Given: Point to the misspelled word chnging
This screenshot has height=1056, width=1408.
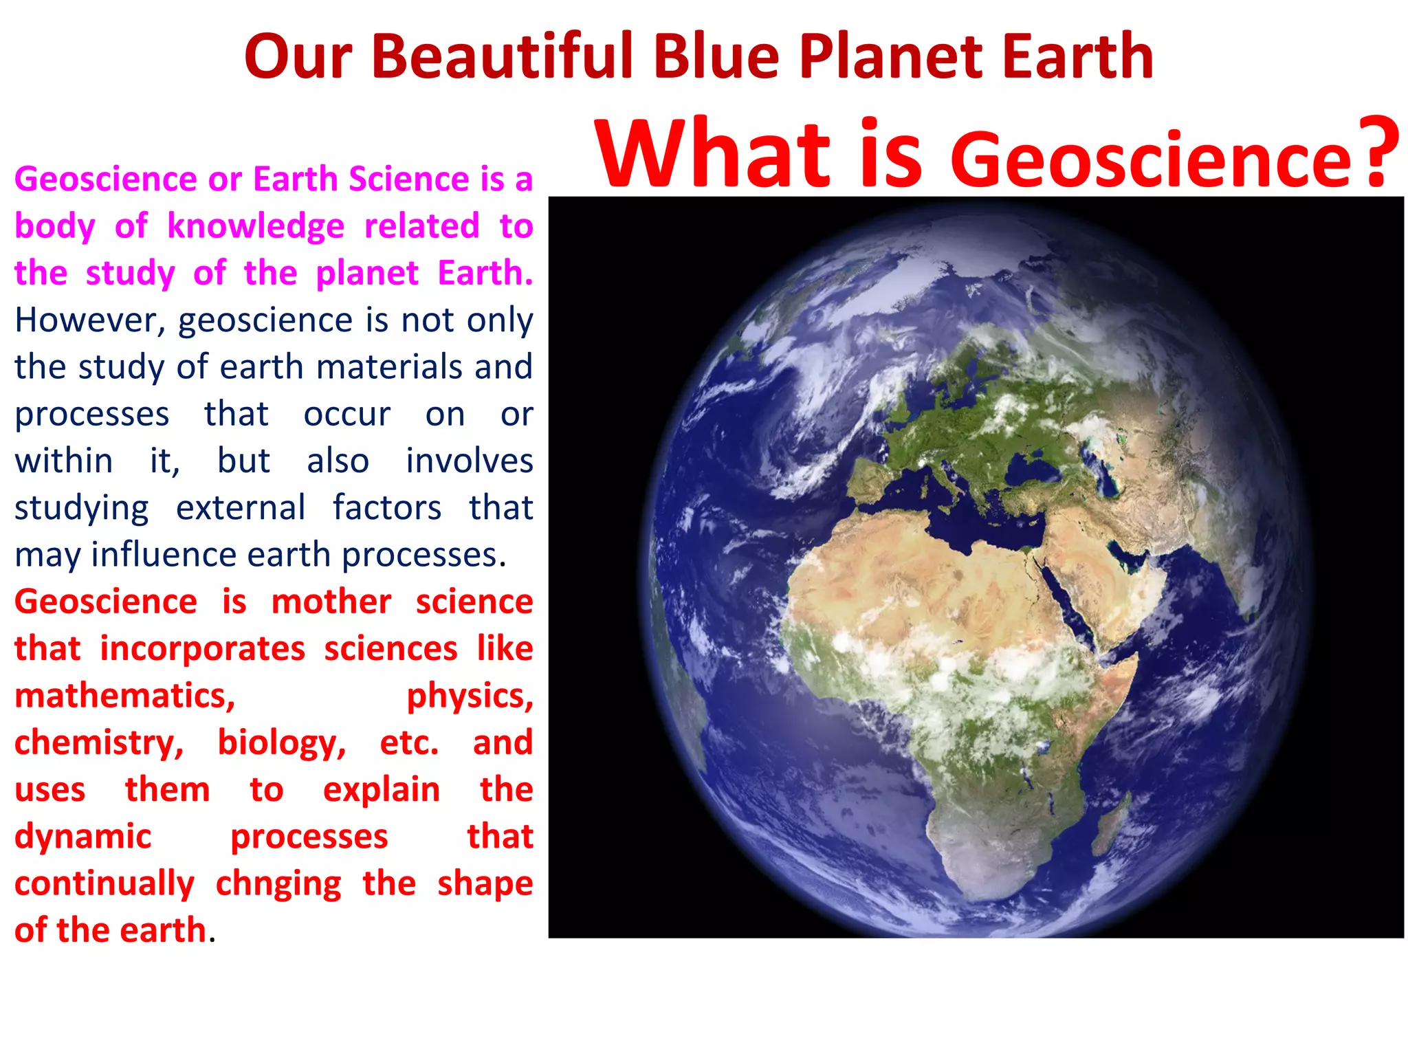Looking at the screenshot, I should pyautogui.click(x=278, y=884).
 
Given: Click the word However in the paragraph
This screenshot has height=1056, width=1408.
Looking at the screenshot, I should pyautogui.click(x=90, y=320).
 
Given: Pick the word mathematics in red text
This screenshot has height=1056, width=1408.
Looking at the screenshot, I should pyautogui.click(x=124, y=696).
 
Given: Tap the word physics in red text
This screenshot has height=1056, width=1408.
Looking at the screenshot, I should pyautogui.click(x=470, y=696).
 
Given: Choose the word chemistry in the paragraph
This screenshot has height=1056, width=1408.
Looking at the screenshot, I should pyautogui.click(x=99, y=743).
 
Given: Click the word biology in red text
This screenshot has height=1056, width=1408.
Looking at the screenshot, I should pyautogui.click(x=282, y=743).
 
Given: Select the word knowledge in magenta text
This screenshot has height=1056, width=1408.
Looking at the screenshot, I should pyautogui.click(x=256, y=227).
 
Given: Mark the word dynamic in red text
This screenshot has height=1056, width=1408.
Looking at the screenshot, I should pyautogui.click(x=82, y=837).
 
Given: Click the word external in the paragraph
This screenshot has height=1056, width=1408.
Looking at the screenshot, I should pyautogui.click(x=241, y=508).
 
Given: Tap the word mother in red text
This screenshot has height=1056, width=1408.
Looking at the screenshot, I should pyautogui.click(x=331, y=602).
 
